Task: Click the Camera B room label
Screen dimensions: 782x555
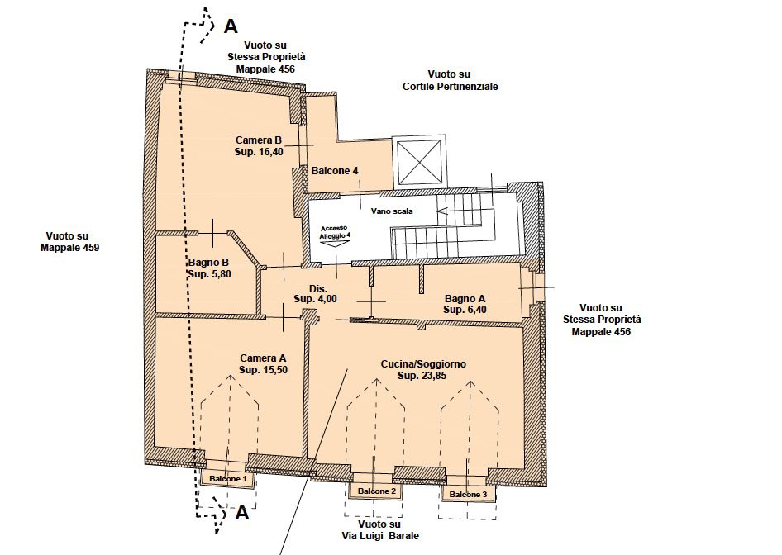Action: (x=259, y=140)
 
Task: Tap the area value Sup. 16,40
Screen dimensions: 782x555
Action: (x=259, y=152)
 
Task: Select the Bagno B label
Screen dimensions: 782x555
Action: (x=208, y=263)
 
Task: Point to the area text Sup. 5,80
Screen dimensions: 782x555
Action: (x=209, y=274)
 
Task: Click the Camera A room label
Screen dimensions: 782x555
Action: (x=263, y=358)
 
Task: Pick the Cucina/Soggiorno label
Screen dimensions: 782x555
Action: (x=423, y=364)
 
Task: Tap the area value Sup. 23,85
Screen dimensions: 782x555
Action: (x=422, y=376)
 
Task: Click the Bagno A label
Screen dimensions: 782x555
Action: (x=465, y=299)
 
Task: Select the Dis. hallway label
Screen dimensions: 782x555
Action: (x=318, y=289)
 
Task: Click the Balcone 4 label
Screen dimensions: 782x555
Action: (x=335, y=171)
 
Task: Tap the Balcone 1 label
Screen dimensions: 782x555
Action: (x=228, y=479)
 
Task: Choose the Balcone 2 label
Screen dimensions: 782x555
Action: (x=377, y=491)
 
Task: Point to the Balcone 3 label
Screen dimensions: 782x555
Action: (x=469, y=495)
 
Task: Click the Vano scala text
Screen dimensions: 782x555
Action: (x=392, y=211)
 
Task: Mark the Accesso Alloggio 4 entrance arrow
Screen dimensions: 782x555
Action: (x=334, y=244)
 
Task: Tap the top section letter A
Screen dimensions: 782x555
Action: (x=231, y=26)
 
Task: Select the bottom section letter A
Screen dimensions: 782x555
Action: (x=241, y=513)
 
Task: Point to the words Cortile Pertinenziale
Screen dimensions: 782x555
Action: (x=450, y=87)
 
